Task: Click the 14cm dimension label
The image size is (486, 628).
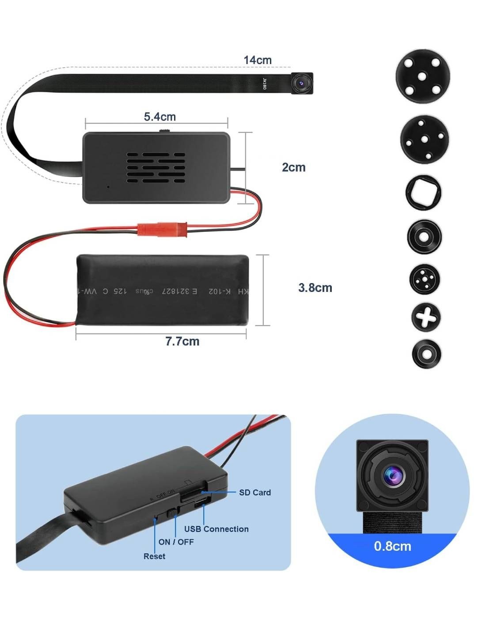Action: point(258,60)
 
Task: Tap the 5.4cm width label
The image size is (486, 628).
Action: point(159,117)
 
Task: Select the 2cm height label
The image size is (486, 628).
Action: point(293,167)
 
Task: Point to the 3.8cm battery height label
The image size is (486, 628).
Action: point(315,288)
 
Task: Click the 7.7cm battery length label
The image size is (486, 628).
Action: point(182,341)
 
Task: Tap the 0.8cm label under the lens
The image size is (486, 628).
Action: point(392,546)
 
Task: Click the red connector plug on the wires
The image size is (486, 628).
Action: point(162,229)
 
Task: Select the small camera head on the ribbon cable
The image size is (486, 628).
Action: point(302,83)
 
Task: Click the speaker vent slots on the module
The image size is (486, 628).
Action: point(156,168)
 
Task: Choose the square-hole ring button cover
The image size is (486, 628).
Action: point(423,193)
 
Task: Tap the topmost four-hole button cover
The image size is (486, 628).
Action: point(422,76)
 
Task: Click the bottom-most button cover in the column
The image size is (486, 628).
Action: point(426,354)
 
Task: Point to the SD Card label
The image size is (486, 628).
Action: point(255,492)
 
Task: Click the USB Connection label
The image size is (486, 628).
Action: point(216,529)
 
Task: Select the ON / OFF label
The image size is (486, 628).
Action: point(176,542)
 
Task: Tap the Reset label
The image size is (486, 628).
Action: point(154,556)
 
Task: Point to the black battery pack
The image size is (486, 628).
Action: point(163,290)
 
